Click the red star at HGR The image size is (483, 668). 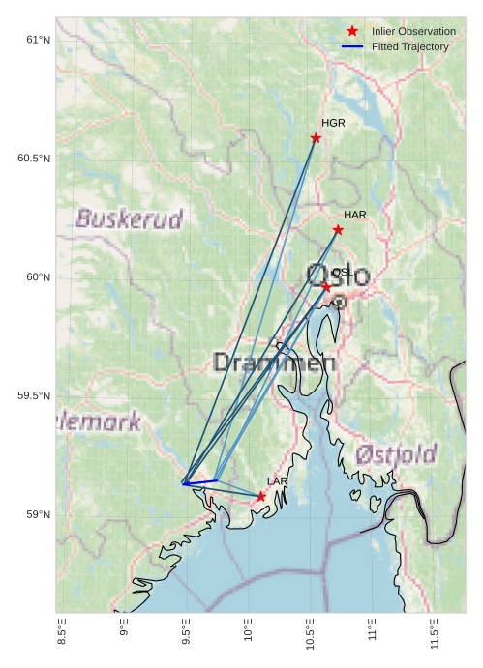pos(316,138)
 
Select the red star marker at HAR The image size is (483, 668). pos(338,229)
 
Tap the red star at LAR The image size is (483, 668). pos(261,496)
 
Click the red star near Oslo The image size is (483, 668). pos(326,287)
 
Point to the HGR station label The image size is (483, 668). pos(333,124)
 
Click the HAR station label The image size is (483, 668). pos(354,215)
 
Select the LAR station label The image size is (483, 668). pos(277,481)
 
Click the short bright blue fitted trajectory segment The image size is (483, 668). pos(199,481)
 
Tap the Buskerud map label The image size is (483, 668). pos(129,219)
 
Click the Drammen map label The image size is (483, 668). pos(274,363)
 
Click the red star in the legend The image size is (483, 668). pos(352,31)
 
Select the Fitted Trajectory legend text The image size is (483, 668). pos(409,46)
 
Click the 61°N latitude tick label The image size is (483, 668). pos(38,40)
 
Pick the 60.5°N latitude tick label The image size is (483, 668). pos(34,159)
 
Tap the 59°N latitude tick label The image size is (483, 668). pos(38,514)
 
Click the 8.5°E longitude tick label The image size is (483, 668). pos(62,635)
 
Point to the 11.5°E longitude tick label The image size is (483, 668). pos(435,635)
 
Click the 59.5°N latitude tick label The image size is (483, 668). pos(34,396)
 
